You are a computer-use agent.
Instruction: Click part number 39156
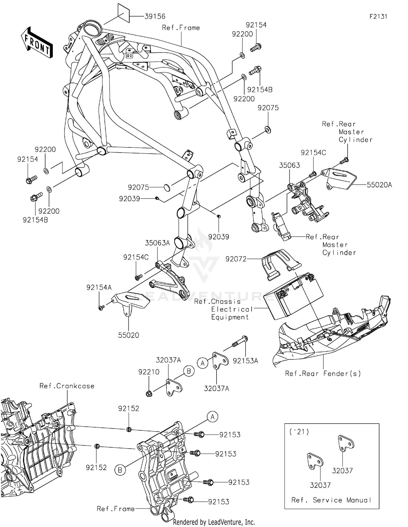coord(155,16)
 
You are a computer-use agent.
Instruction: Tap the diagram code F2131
coord(378,16)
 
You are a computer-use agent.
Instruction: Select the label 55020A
coord(379,185)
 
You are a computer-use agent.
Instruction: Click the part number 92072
coord(236,259)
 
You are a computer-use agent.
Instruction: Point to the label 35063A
coord(157,243)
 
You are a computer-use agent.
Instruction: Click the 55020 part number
coord(128,335)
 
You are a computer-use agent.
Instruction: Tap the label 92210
coord(149,372)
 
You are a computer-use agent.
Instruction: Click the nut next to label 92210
coord(149,393)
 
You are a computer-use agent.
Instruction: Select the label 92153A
coord(245,361)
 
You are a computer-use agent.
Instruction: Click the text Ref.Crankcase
coord(67,386)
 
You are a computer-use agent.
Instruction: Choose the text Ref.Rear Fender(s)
coord(323,373)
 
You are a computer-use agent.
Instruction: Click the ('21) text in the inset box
coord(299,432)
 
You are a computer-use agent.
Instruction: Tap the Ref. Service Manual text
coord(331,500)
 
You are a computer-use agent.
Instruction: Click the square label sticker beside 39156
coord(123,13)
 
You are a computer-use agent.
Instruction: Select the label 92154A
coord(99,287)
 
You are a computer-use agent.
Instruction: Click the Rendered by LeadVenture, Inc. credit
coord(214,522)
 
